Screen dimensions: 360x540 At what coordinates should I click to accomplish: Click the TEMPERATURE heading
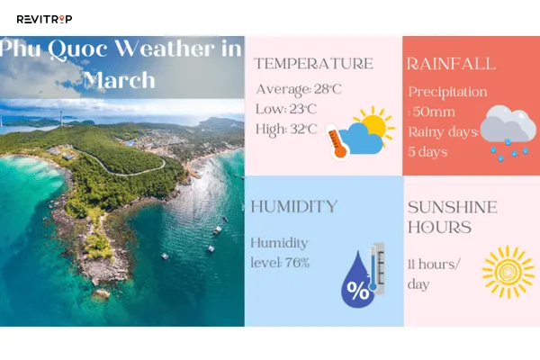312,64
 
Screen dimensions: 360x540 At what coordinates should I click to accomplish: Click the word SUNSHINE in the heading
451,207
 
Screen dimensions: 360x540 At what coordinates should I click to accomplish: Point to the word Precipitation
447,92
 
